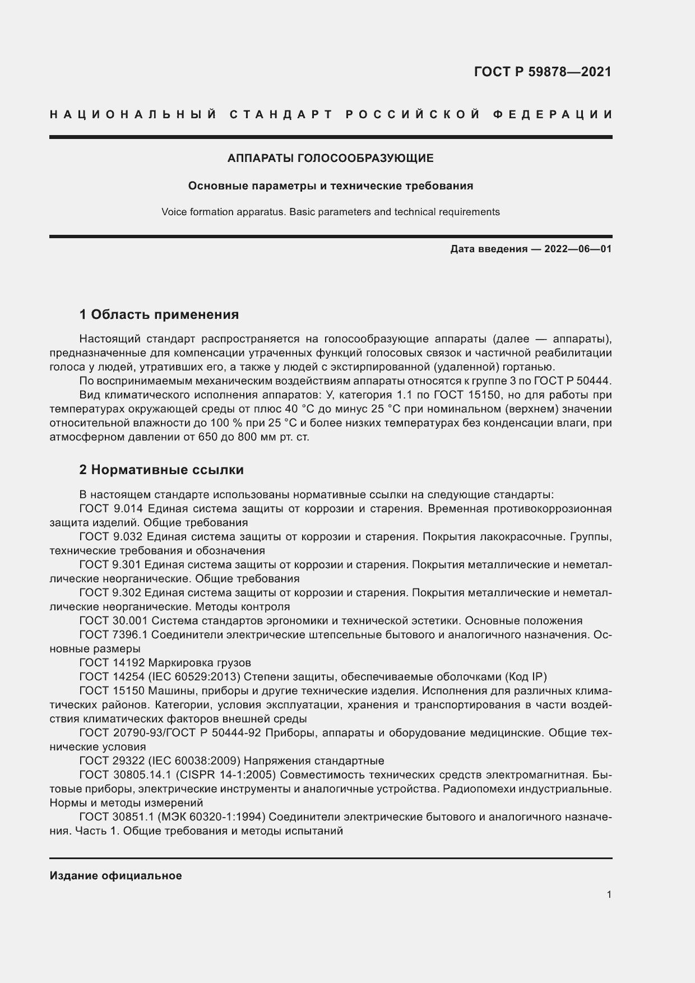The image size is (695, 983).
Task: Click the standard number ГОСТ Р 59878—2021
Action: tap(542, 72)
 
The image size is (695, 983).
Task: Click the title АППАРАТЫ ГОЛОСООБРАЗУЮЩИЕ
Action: tap(330, 159)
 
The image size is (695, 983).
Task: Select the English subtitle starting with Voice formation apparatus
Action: tap(330, 212)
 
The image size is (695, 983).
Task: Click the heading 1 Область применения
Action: tap(159, 314)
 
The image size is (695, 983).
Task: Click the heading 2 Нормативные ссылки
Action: tap(161, 470)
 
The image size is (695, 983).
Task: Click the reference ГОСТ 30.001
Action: tap(114, 620)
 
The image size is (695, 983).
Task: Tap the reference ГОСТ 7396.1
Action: tap(114, 635)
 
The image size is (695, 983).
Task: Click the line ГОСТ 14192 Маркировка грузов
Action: tap(165, 662)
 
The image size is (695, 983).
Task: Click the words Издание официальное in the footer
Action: tap(115, 875)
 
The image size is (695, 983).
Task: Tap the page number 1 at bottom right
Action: tap(609, 894)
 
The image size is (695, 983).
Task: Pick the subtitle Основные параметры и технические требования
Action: tap(330, 186)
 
